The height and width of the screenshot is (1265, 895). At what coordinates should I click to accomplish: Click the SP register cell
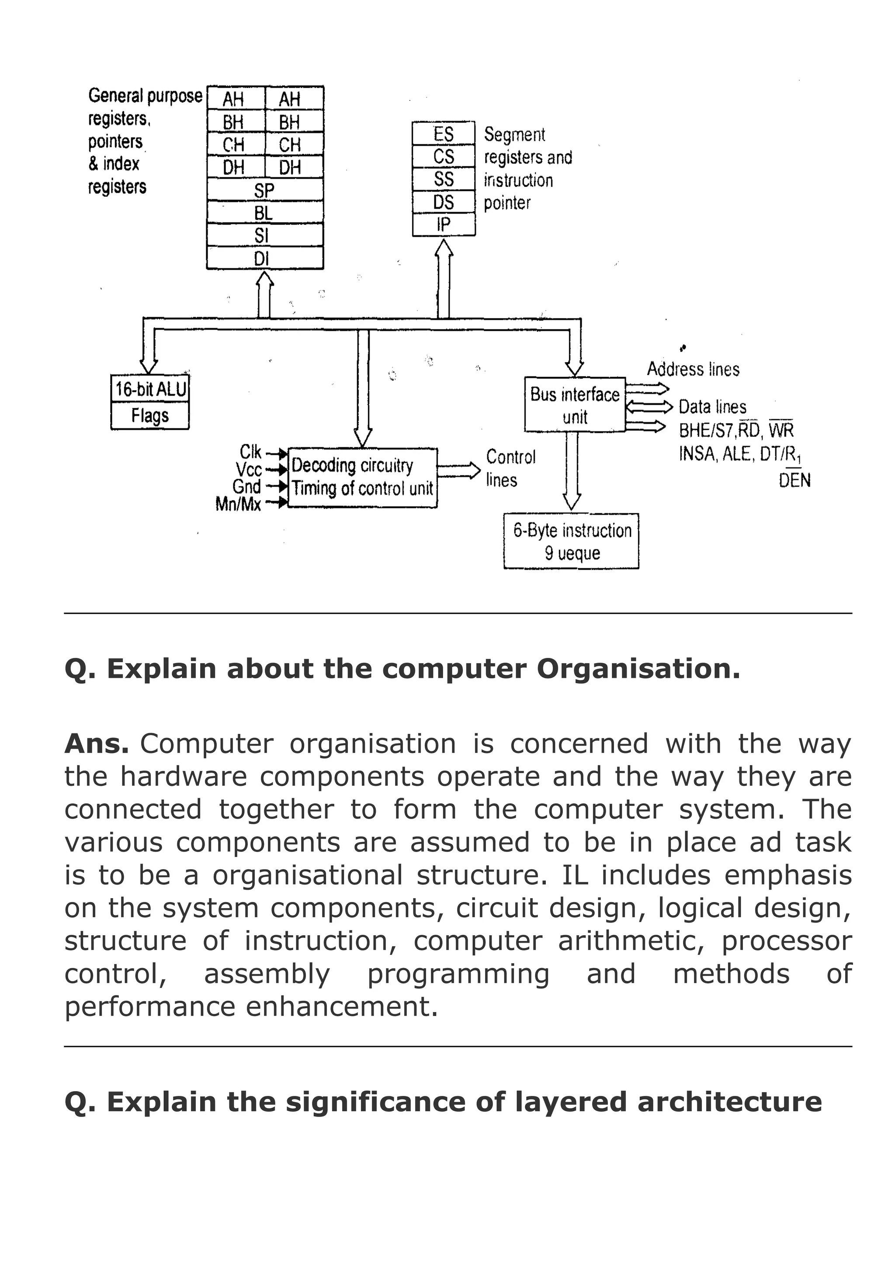click(264, 190)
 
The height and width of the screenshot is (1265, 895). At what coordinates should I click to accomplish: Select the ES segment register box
click(444, 133)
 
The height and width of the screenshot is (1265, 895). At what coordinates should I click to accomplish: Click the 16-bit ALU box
click(150, 390)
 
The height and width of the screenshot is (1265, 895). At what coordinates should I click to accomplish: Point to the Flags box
click(150, 416)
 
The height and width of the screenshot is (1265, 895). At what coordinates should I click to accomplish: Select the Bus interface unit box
click(575, 405)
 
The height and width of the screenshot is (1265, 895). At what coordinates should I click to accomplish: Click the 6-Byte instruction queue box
click(572, 541)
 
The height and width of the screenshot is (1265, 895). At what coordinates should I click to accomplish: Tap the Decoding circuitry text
click(352, 466)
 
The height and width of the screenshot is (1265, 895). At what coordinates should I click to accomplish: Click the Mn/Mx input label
click(238, 504)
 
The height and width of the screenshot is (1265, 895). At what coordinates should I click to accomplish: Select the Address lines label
click(693, 369)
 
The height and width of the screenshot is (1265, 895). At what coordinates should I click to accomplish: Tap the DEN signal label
click(794, 480)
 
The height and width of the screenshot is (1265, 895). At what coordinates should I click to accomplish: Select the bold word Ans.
click(97, 744)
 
